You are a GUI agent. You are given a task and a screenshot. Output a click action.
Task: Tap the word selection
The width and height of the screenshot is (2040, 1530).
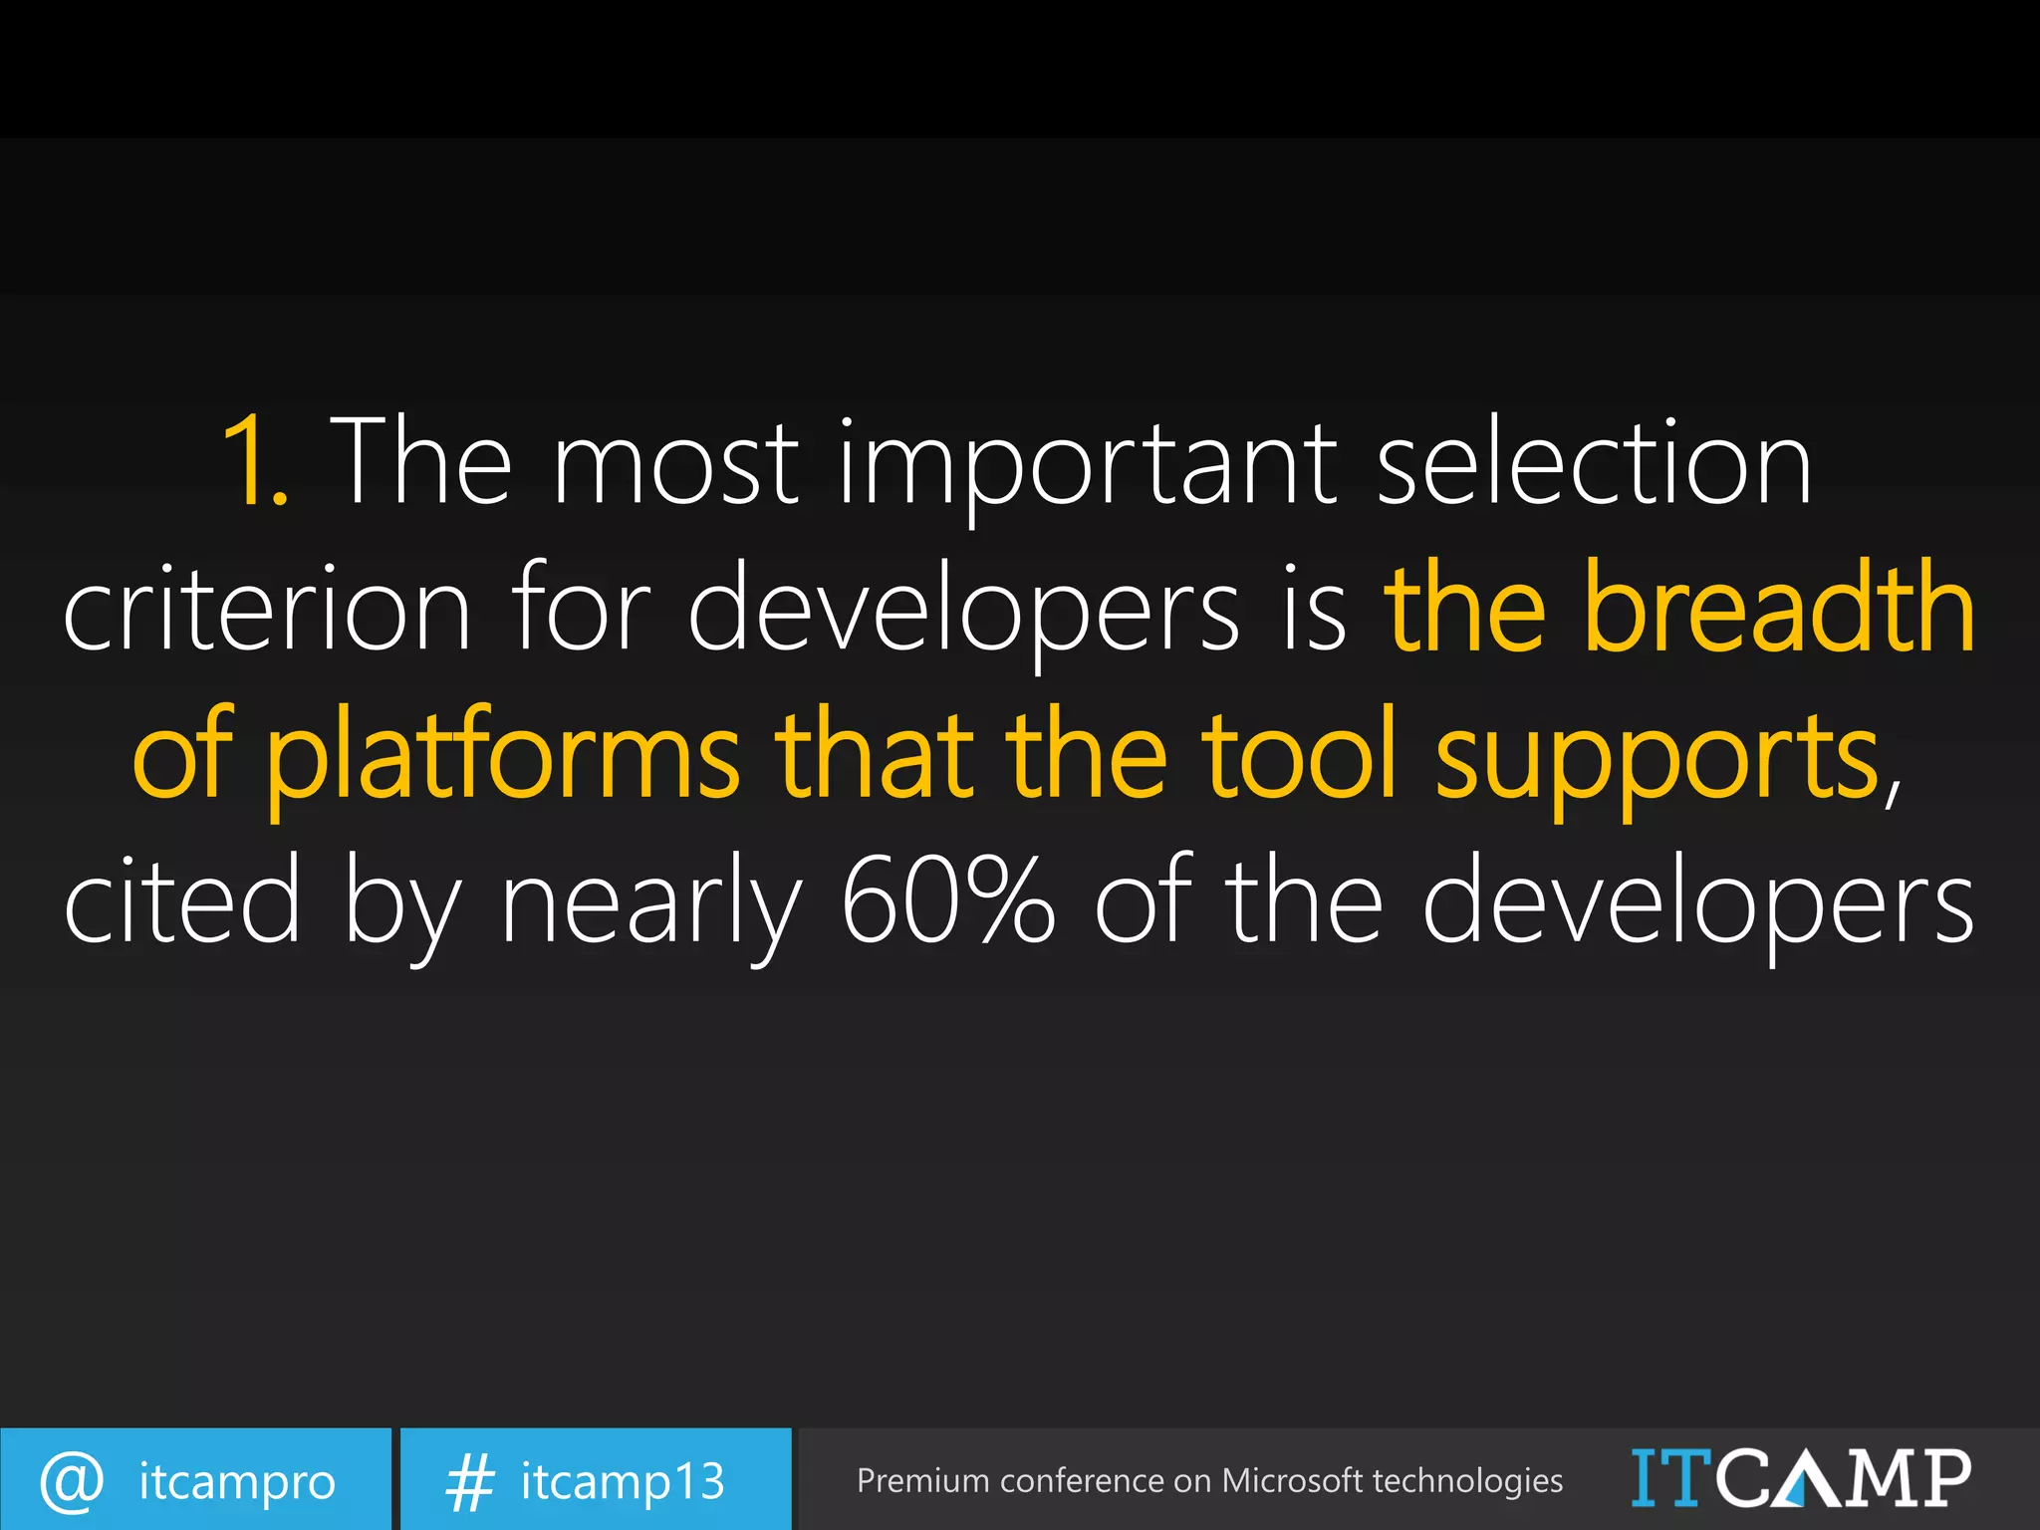[x=1594, y=462]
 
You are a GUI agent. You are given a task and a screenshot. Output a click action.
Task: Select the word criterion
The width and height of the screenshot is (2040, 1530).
[x=267, y=608]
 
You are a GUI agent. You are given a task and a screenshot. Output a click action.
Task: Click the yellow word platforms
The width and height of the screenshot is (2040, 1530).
[x=503, y=755]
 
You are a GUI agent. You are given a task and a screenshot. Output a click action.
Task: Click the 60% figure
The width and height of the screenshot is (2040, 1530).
[x=947, y=899]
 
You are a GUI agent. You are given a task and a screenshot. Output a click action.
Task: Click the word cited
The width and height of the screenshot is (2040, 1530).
[x=182, y=899]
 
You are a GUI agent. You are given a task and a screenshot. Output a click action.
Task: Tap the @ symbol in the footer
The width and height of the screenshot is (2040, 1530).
[x=72, y=1480]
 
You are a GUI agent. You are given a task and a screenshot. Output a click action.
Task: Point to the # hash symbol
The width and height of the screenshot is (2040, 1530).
[x=469, y=1481]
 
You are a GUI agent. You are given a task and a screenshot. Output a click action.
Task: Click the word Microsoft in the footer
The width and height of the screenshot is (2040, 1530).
[x=1291, y=1480]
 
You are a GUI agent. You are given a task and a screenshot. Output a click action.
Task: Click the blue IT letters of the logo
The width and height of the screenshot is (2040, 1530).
[x=1671, y=1478]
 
